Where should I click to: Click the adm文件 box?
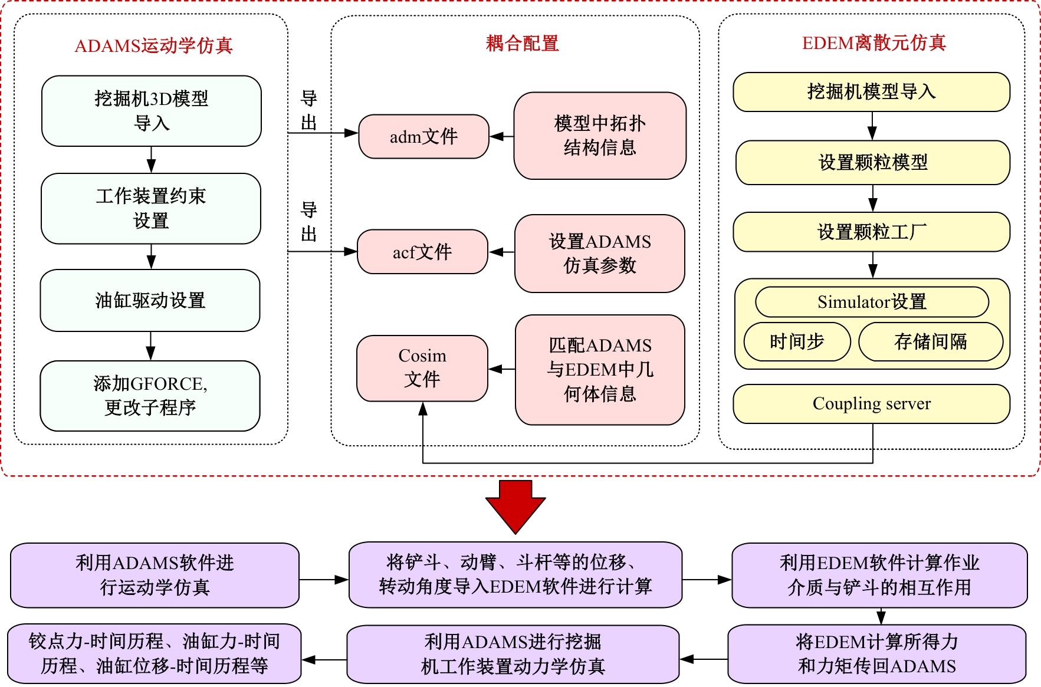click(423, 137)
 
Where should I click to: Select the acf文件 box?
click(422, 252)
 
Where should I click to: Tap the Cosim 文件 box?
click(422, 368)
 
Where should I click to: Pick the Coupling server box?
click(871, 404)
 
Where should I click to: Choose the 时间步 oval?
click(797, 341)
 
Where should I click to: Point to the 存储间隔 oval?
click(930, 341)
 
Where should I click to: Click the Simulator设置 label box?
click(872, 302)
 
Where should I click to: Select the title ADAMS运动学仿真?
click(153, 45)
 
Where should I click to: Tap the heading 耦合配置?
click(522, 43)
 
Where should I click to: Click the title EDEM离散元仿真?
click(873, 42)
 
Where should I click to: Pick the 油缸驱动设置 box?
click(150, 301)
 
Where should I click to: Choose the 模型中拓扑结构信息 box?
click(600, 136)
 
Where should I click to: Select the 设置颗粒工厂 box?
click(871, 232)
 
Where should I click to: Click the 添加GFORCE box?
click(150, 396)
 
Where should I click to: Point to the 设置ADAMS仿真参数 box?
click(600, 254)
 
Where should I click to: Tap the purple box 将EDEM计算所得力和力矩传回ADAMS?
click(876, 654)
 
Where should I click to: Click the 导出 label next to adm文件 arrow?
click(309, 110)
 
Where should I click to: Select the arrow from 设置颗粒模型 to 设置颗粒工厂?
click(873, 198)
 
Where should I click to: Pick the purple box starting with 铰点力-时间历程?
click(154, 654)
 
